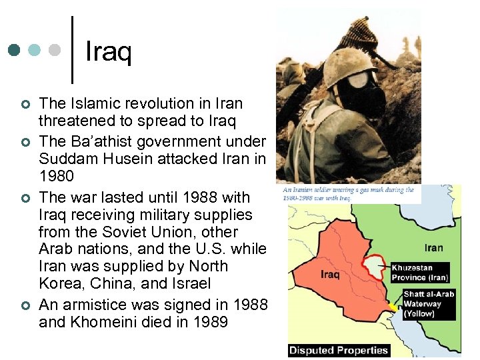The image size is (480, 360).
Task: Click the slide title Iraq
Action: [109, 51]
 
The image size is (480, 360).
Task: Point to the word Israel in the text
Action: [190, 283]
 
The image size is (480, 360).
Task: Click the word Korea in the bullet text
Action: [59, 283]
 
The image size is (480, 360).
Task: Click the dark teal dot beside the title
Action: [15, 50]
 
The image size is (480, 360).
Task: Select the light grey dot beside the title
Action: [55, 50]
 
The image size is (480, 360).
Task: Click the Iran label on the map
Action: [433, 247]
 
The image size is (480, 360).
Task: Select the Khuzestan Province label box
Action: [419, 271]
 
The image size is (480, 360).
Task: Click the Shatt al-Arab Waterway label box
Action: [429, 303]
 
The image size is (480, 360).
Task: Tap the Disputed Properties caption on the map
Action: [338, 350]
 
